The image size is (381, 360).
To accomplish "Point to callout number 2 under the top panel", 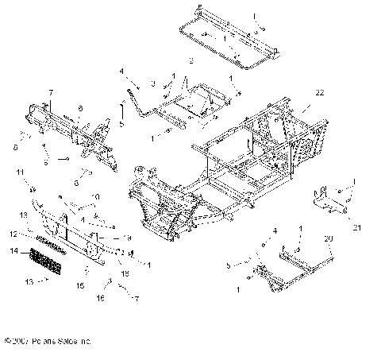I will pyautogui.click(x=190, y=60).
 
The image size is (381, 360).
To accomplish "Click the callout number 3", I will pyautogui.click(x=152, y=83).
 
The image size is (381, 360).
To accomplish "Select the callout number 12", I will pyautogui.click(x=13, y=234).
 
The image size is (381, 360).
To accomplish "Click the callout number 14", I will pyautogui.click(x=13, y=251).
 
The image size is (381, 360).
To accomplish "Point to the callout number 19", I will pyautogui.click(x=127, y=238).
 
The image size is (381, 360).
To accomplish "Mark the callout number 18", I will pyautogui.click(x=123, y=272).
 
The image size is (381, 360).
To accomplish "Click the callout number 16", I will pyautogui.click(x=101, y=300).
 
